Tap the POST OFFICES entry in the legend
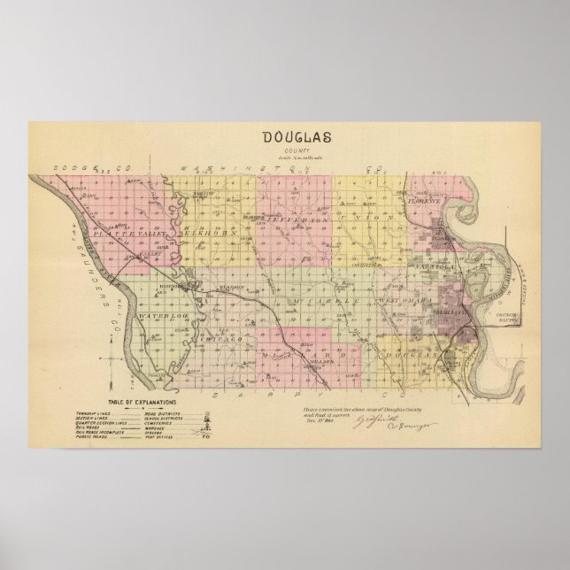[x=154, y=437]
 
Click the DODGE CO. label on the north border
[x=78, y=167]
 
